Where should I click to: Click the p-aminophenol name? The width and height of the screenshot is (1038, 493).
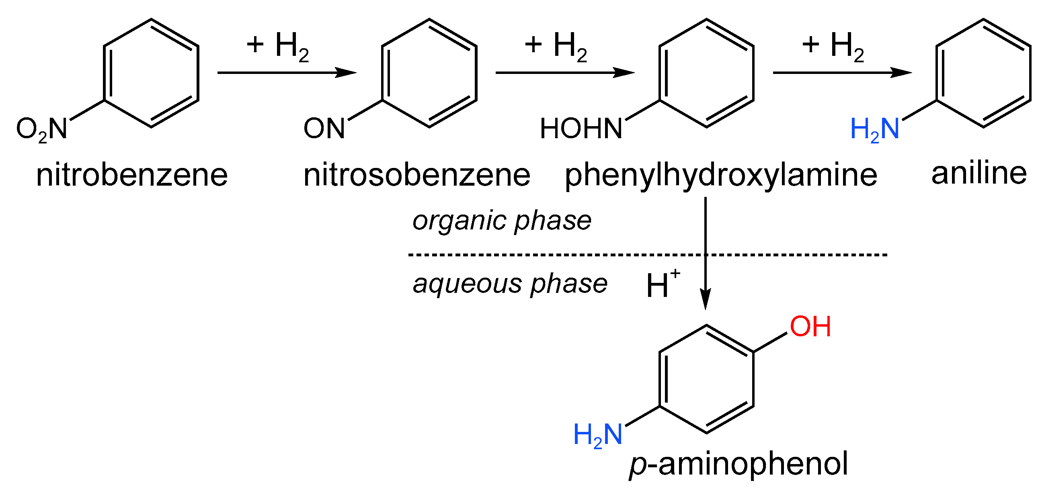tap(738, 464)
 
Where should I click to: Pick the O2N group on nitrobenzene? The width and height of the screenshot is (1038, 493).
tap(42, 129)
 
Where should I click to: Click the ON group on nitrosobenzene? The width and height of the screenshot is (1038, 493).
tap(324, 129)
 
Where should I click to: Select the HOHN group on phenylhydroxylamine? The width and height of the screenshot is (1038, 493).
tap(581, 129)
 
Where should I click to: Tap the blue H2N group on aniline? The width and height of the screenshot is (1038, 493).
tap(874, 129)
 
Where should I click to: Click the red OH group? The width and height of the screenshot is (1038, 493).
tap(810, 326)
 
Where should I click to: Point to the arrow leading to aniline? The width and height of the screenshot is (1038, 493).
tap(842, 73)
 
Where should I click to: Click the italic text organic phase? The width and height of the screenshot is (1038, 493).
tap(502, 221)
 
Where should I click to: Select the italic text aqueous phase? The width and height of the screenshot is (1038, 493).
tap(510, 284)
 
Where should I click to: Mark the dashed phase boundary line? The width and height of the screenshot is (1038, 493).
tap(564, 255)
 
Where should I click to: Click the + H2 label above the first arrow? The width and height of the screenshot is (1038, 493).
tap(278, 46)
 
